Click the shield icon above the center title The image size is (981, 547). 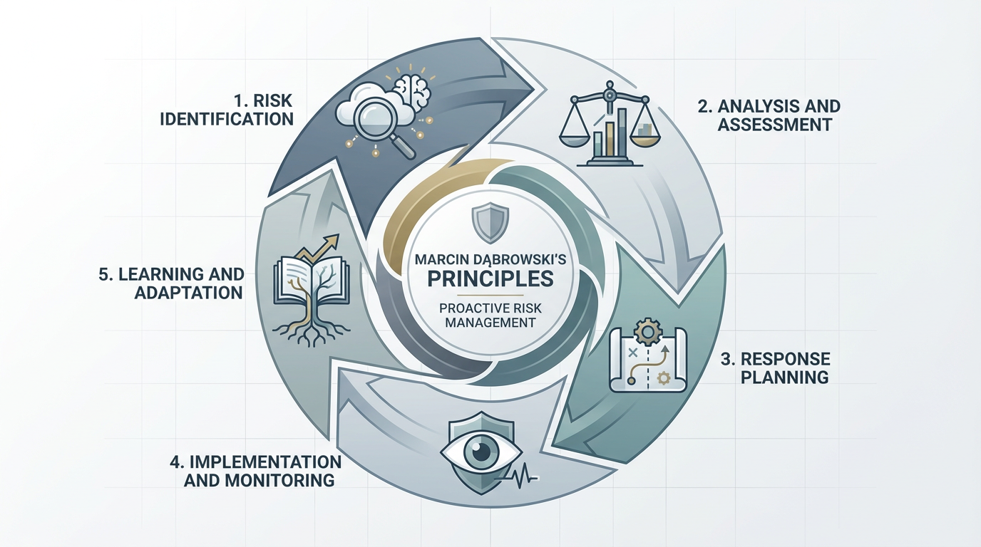490,222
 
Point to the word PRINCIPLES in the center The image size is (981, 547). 490,278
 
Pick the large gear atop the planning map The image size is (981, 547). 645,333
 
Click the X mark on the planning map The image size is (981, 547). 632,353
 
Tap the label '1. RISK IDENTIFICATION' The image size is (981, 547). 227,110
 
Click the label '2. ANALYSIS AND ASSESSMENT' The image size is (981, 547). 769,115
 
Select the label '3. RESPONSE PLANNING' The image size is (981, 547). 776,368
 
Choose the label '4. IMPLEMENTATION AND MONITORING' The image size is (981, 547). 256,471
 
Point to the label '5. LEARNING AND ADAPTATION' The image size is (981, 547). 172,283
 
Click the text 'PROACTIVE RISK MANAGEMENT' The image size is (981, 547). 490,316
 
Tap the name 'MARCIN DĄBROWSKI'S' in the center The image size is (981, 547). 490,259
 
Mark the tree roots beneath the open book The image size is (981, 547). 311,333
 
